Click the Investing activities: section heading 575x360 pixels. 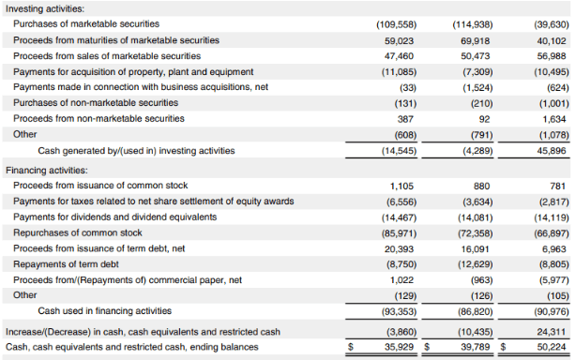44,8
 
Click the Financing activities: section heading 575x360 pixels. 46,171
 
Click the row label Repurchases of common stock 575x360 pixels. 78,232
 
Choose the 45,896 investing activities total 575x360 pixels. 552,150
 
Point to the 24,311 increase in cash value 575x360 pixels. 552,332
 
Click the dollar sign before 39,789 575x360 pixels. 428,348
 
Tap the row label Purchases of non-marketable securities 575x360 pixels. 96,103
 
